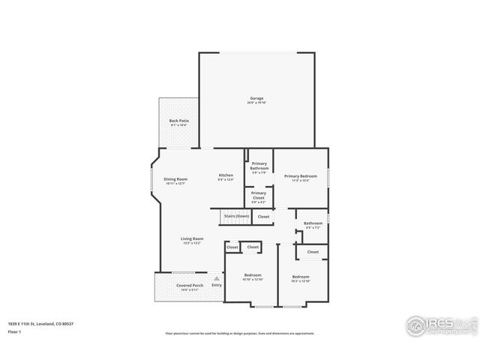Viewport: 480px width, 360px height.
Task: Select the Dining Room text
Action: tap(175, 180)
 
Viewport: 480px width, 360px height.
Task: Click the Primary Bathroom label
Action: tap(259, 166)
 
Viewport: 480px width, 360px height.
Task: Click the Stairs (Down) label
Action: tap(236, 215)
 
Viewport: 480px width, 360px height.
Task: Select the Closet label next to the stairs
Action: tap(263, 217)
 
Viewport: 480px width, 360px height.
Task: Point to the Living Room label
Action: tap(192, 240)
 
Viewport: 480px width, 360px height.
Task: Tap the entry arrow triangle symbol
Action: tap(216, 277)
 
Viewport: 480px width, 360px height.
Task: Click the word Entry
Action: tap(217, 285)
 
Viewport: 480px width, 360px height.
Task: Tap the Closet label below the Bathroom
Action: tap(313, 252)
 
